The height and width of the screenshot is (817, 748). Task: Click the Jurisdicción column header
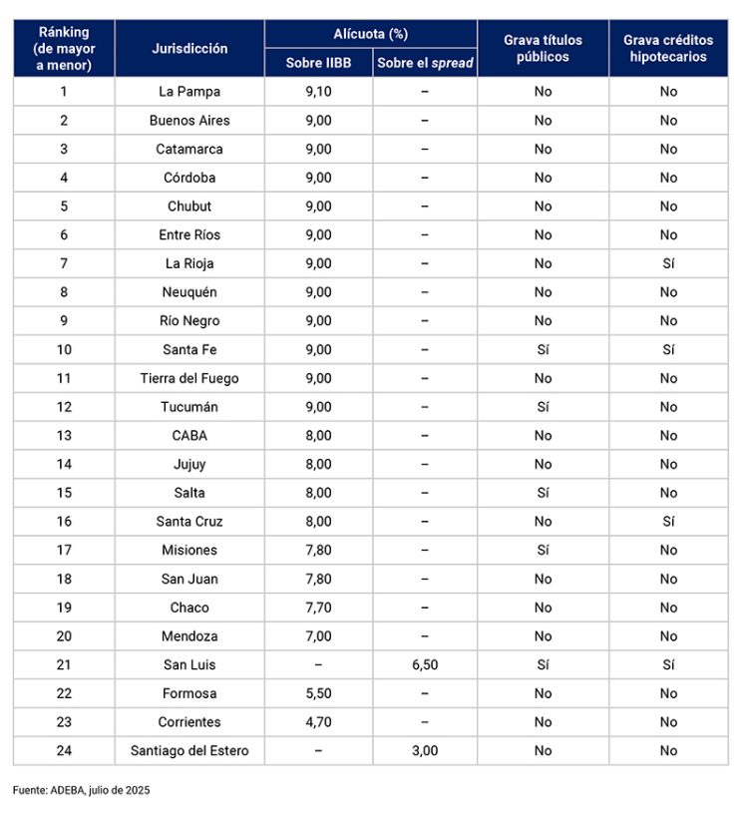point(189,48)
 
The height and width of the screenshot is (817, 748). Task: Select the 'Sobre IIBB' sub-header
point(318,63)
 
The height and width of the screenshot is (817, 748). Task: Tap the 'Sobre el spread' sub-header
point(425,63)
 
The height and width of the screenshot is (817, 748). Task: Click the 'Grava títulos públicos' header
point(543,48)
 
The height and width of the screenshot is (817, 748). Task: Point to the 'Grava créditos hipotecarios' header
point(668,48)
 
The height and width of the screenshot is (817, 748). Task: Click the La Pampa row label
point(189,92)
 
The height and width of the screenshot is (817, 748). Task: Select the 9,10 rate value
point(318,92)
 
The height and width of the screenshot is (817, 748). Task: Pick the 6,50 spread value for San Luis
point(425,664)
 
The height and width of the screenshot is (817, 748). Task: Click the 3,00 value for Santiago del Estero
point(425,750)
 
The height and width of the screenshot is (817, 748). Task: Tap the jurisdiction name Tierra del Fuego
point(189,378)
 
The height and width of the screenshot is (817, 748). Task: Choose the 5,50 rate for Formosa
point(318,693)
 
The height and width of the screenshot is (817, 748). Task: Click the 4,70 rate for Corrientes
point(318,721)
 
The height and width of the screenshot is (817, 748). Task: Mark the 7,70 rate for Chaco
point(318,608)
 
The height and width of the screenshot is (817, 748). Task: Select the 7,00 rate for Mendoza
point(318,635)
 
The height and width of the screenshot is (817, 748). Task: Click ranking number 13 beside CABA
point(64,435)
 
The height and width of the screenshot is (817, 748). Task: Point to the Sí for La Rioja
point(668,263)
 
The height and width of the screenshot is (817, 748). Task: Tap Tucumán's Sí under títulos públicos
point(543,407)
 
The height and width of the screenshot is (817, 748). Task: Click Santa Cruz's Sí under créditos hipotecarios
point(668,521)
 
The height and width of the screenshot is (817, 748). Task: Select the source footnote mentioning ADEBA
point(82,790)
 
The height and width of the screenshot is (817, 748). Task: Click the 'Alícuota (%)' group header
point(371,34)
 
